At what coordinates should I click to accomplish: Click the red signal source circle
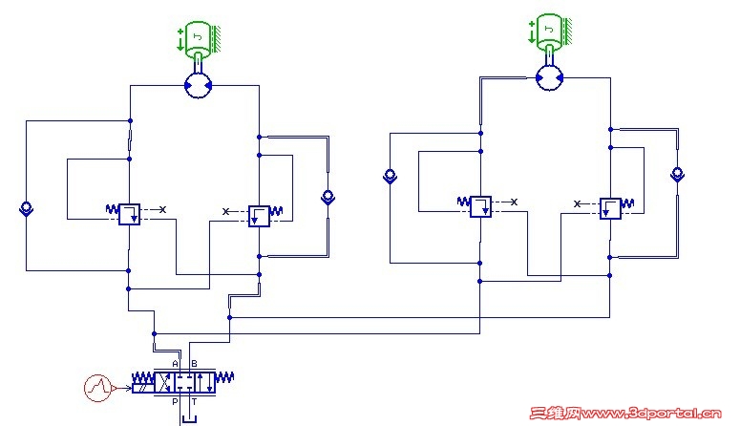[97, 387]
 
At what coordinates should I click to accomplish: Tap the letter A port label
[176, 364]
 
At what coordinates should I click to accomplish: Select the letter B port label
[195, 364]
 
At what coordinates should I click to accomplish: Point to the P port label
[176, 403]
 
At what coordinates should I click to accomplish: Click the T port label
[195, 403]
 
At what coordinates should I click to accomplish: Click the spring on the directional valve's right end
[222, 380]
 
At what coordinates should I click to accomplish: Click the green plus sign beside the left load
[180, 33]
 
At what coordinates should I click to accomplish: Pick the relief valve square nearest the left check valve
[129, 214]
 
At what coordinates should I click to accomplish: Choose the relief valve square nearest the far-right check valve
[610, 207]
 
